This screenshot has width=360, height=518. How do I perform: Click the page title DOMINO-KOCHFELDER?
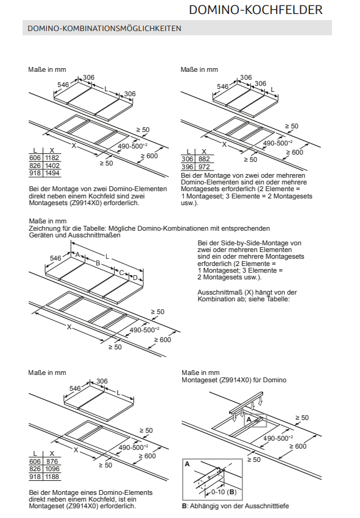pyautogui.click(x=256, y=10)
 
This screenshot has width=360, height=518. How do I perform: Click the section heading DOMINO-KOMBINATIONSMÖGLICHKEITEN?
pyautogui.click(x=104, y=29)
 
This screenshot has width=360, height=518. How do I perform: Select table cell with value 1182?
pyautogui.click(x=52, y=158)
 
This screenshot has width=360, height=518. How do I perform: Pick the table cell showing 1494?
pyautogui.click(x=52, y=173)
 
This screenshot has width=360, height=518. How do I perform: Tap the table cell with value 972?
pyautogui.click(x=204, y=167)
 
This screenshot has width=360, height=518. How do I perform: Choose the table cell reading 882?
pyautogui.click(x=204, y=159)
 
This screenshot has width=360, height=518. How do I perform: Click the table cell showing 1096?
pyautogui.click(x=52, y=469)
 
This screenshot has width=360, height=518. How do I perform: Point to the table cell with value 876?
pyautogui.click(x=52, y=461)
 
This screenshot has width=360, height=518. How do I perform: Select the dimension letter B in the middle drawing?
pyautogui.click(x=97, y=264)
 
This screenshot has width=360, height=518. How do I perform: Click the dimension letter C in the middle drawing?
pyautogui.click(x=121, y=273)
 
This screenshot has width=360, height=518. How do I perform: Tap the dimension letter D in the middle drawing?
pyautogui.click(x=135, y=278)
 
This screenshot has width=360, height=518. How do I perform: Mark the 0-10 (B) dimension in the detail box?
pyautogui.click(x=224, y=492)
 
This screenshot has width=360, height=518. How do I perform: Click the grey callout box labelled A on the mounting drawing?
pyautogui.click(x=255, y=420)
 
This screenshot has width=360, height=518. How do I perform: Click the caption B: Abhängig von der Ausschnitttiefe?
pyautogui.click(x=235, y=506)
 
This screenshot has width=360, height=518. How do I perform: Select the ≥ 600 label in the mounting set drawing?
pyautogui.click(x=298, y=446)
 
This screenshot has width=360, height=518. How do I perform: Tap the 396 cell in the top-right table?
pyautogui.click(x=188, y=167)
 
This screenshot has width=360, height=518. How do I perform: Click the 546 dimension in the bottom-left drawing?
pyautogui.click(x=75, y=388)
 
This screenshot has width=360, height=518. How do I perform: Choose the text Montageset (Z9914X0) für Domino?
pyautogui.click(x=234, y=380)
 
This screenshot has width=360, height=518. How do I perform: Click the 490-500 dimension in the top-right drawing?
pyautogui.click(x=278, y=142)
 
